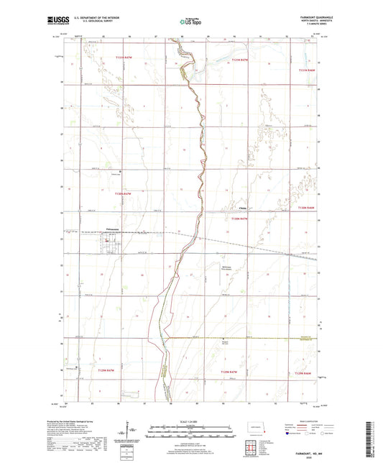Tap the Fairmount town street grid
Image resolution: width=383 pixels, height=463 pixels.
[109, 244]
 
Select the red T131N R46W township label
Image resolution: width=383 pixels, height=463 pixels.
[307, 70]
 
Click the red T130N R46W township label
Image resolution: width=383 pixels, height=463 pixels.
[307, 208]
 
